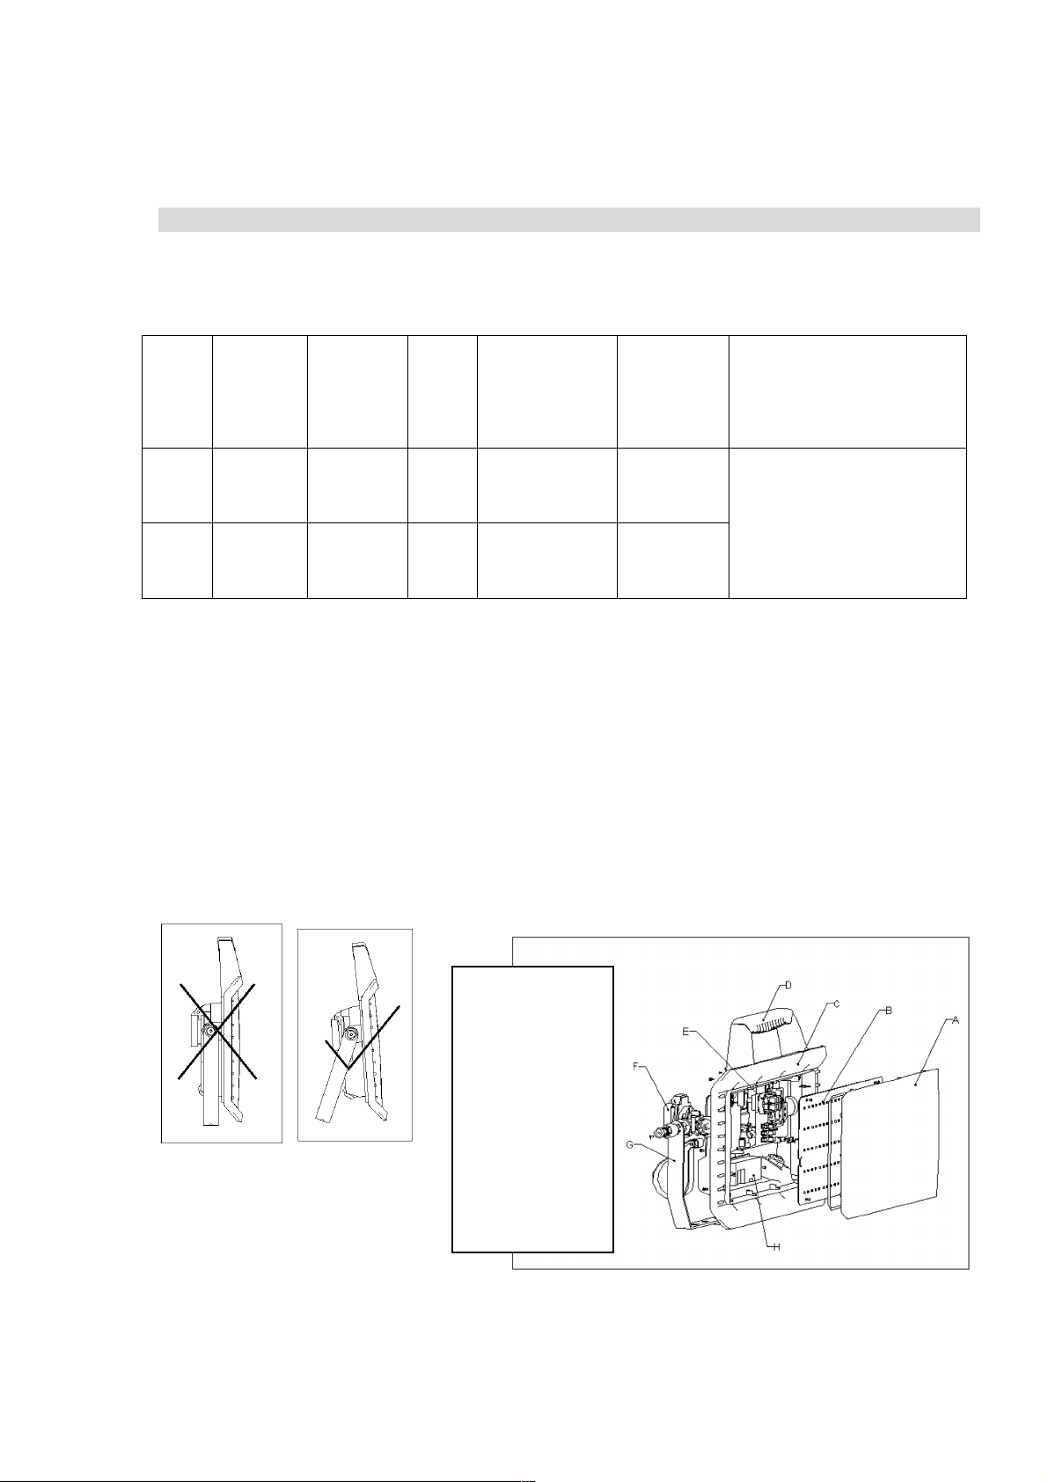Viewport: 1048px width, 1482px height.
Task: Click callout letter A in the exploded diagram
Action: [x=955, y=1021]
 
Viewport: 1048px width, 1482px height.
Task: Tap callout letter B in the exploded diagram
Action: [x=889, y=1011]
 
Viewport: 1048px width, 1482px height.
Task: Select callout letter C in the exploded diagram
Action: [x=837, y=1004]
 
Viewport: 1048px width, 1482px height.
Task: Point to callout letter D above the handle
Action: [x=788, y=984]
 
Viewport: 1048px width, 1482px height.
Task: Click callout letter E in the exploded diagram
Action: [x=685, y=1031]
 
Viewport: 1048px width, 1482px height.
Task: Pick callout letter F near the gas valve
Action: [x=636, y=1066]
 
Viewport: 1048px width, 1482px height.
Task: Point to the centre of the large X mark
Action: [x=216, y=1031]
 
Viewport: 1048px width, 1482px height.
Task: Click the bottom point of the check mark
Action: [x=348, y=1070]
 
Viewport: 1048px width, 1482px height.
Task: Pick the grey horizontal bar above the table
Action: [x=568, y=220]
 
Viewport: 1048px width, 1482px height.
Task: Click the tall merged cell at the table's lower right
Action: [x=847, y=523]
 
